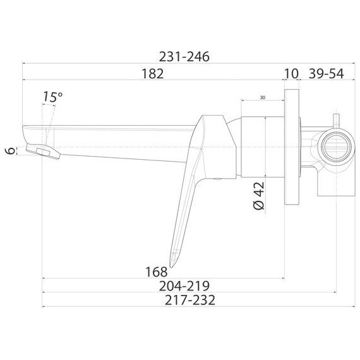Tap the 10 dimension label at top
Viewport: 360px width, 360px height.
tap(291, 73)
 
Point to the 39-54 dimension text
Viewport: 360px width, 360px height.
tap(326, 73)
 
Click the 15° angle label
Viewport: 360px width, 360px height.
tap(53, 97)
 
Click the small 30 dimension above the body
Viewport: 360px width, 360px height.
tap(262, 99)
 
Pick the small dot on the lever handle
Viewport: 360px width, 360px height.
tap(219, 179)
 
